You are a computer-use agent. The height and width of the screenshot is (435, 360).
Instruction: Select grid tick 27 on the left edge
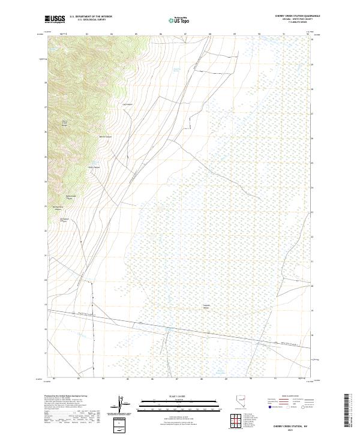(44, 108)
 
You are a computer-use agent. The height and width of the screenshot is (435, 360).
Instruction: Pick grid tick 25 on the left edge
(44, 157)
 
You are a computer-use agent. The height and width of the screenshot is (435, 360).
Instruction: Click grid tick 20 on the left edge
(44, 280)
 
